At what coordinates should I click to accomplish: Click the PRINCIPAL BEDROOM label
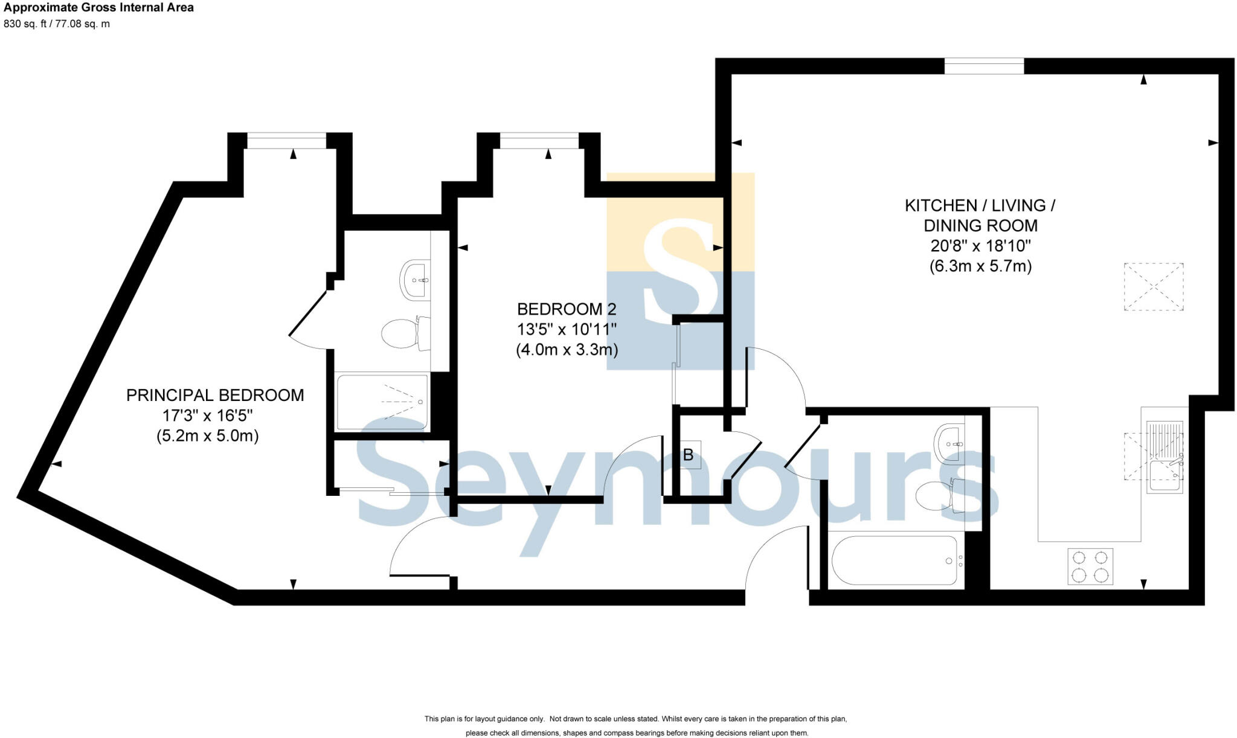tap(215, 396)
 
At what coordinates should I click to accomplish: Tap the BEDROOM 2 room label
tap(567, 309)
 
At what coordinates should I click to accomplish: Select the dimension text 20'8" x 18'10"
tap(980, 246)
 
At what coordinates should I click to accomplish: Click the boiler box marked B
tap(688, 455)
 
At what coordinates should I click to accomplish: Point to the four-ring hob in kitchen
tap(1090, 566)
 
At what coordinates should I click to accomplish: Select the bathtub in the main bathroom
tap(894, 561)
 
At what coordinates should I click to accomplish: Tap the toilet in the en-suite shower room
tap(405, 333)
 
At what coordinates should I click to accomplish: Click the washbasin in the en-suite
tap(416, 280)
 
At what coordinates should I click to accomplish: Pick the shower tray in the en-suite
tap(382, 402)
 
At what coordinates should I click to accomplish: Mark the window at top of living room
tap(984, 66)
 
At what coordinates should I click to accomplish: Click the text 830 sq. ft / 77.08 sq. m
tap(57, 24)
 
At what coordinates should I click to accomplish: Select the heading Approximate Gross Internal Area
tap(98, 8)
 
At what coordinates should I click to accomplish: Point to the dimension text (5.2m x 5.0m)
tap(207, 436)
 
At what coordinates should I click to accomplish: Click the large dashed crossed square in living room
tap(1153, 287)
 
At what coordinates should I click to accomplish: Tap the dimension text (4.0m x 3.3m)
tap(567, 350)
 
